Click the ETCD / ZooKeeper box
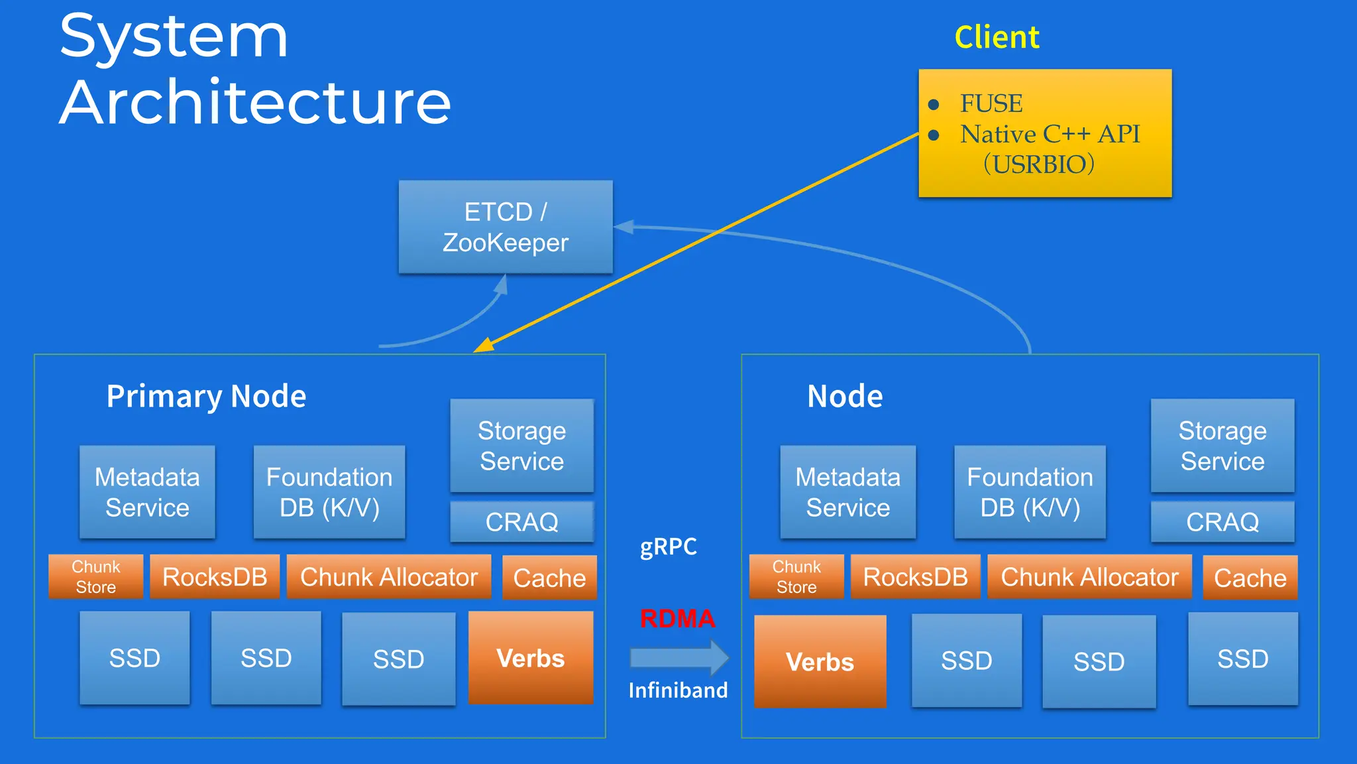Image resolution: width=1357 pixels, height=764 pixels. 505,227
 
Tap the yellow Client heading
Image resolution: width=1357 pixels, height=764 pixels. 997,37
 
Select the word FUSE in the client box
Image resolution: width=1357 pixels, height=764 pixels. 991,103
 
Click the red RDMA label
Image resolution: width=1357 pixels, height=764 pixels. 677,618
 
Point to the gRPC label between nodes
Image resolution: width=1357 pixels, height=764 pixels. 668,546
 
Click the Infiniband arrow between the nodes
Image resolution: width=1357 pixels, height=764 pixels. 678,657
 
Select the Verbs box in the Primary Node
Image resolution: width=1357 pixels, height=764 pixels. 530,658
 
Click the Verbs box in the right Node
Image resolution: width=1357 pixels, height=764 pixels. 820,661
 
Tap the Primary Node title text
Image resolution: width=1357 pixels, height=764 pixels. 206,396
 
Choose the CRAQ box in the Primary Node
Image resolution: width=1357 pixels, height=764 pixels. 521,522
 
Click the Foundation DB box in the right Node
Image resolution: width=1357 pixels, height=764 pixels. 1030,492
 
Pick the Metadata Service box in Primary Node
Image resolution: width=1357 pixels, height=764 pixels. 147,492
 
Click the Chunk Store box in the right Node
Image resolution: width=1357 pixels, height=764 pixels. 796,577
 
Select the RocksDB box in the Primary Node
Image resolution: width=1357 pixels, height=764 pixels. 215,577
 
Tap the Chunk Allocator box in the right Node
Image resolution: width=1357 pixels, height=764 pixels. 1089,577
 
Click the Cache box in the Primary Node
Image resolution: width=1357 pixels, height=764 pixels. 549,578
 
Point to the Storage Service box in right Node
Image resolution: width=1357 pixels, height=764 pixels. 1222,446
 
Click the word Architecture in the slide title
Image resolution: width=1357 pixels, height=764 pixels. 256,102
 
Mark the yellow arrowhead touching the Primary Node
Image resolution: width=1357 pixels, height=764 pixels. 484,346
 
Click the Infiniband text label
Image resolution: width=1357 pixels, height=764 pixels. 678,690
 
